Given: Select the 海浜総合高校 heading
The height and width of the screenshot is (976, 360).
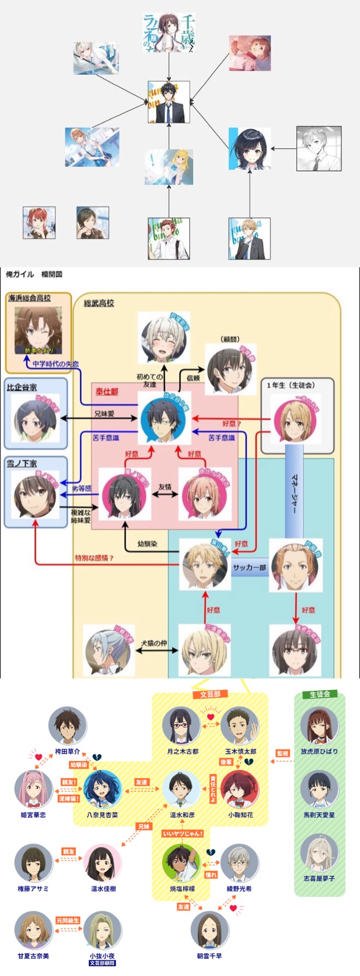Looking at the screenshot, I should point(29,298).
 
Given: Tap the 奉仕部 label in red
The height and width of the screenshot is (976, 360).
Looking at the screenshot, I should point(107,392).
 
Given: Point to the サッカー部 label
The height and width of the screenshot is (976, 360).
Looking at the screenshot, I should point(249,567).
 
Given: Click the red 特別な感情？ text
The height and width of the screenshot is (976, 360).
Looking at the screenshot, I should point(94,558).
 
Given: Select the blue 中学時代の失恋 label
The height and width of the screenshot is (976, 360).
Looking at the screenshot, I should point(56,364).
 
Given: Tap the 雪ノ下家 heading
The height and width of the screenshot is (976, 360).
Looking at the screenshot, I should point(22,463).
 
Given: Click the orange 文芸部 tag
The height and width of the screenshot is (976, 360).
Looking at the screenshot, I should point(210,694).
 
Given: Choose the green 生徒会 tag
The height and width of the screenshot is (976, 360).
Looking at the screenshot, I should point(320,694).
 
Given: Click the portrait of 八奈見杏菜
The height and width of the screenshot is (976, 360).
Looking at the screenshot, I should point(102,789).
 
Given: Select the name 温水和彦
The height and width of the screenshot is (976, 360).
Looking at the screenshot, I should point(182,815).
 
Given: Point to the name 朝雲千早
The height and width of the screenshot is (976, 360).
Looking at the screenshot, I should point(209,956).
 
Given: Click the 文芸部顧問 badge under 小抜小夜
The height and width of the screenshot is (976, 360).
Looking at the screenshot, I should point(102,963).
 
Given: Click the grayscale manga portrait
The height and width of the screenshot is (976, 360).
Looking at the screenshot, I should point(319,148).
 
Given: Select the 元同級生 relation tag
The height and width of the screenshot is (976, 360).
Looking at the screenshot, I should point(68,920).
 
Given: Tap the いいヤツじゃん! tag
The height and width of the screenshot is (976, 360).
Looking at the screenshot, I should point(183,834).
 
